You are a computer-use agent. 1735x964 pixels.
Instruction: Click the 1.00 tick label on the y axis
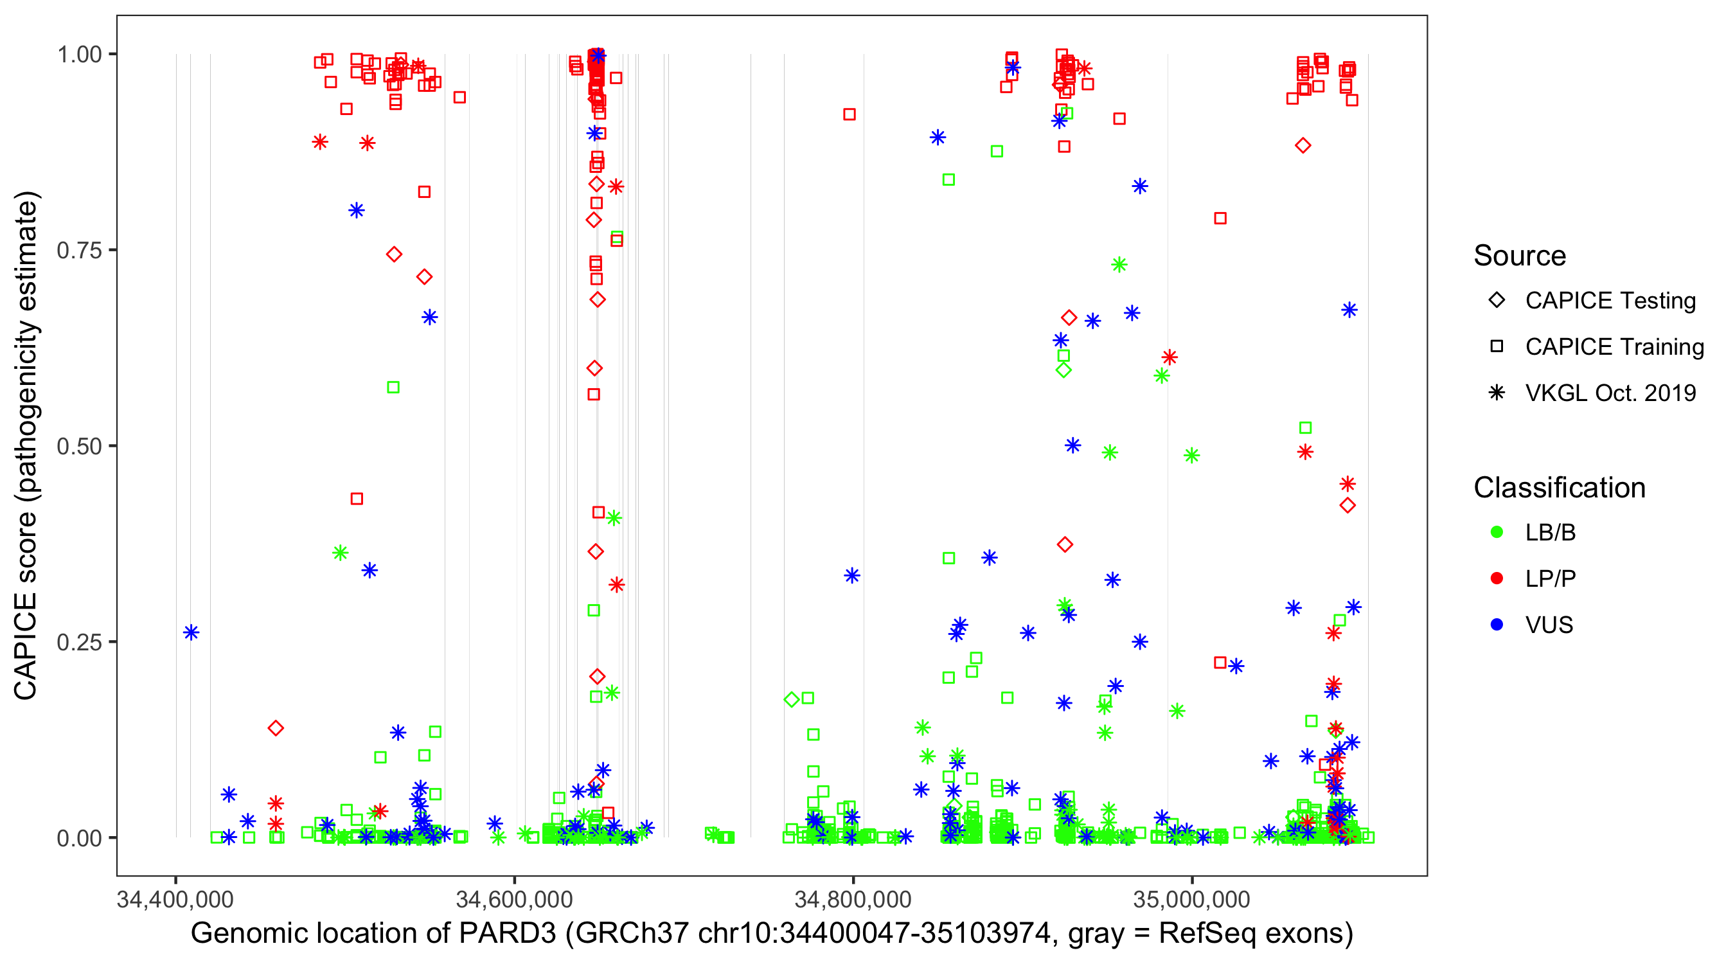pos(79,54)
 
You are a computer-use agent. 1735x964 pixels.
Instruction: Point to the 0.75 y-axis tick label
pos(79,250)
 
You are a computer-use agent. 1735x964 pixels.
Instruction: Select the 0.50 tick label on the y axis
pos(79,446)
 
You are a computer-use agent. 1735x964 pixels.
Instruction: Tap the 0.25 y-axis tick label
pos(79,642)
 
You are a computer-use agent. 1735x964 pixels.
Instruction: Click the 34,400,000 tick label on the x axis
pos(175,899)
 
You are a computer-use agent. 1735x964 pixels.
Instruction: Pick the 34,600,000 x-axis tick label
pos(515,899)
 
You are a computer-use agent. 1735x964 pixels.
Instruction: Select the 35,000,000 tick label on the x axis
pos(1191,899)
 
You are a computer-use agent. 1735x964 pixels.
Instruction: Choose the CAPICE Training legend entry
pos(1614,347)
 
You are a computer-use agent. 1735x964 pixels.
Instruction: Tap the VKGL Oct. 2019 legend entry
pos(1610,393)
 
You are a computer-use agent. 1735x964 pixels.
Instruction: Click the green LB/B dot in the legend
pos(1497,532)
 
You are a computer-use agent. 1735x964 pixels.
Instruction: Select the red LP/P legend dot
pos(1497,578)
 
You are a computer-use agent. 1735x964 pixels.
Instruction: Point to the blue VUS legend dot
pos(1497,625)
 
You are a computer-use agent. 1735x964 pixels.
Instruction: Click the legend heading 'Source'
pos(1520,256)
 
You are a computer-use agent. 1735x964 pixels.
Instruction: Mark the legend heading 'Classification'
pos(1559,488)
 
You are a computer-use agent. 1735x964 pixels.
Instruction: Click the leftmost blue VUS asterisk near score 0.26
pos(191,632)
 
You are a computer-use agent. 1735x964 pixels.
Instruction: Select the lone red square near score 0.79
pos(1220,219)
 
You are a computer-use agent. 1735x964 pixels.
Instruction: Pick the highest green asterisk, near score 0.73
pos(1119,265)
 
